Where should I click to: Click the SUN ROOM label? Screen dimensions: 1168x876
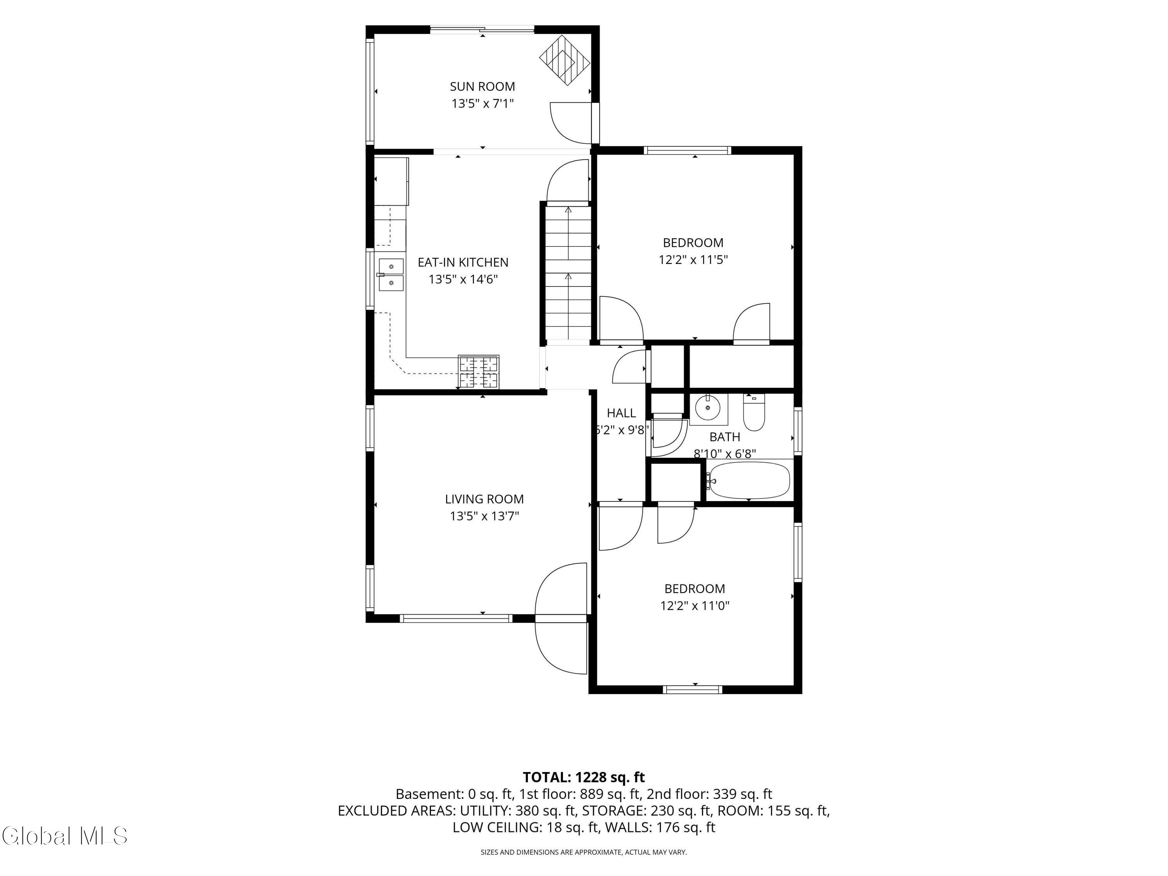click(482, 86)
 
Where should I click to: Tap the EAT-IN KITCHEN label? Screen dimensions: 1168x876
click(463, 262)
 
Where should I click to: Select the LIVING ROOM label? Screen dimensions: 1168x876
click(484, 499)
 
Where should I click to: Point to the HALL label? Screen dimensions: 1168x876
click(621, 413)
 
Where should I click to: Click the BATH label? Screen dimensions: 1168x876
click(725, 437)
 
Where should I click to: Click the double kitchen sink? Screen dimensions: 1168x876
click(391, 274)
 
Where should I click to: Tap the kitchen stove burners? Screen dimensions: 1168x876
click(478, 372)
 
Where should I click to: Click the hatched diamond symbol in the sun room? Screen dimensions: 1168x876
click(565, 60)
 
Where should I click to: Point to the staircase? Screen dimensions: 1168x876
click(568, 273)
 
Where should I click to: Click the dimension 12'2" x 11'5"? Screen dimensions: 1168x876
click(693, 260)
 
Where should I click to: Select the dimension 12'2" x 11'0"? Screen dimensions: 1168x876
click(695, 606)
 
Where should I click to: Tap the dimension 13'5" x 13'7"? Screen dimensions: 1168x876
click(484, 516)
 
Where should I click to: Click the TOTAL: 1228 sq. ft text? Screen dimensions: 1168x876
click(584, 777)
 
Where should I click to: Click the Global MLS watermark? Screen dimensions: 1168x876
click(64, 836)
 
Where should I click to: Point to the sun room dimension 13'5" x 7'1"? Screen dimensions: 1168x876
click(482, 104)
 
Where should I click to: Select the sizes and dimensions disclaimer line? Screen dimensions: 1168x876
click(584, 852)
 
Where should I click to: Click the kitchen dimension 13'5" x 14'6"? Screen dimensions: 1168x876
click(463, 279)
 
